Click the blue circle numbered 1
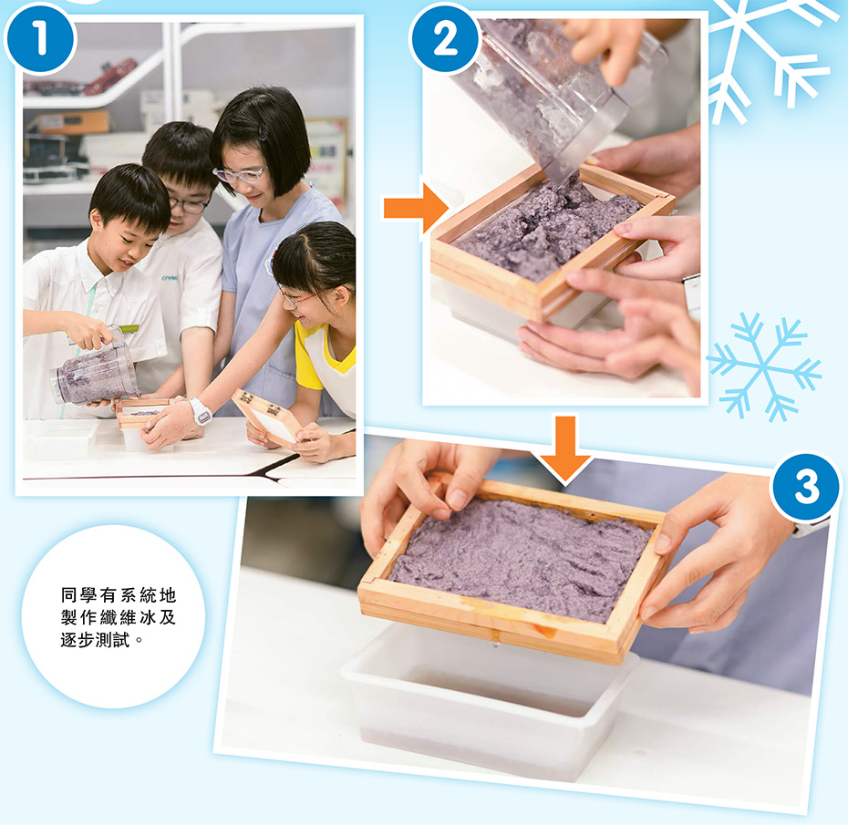39,39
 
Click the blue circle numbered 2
445,38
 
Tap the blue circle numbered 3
806,486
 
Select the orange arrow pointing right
416,208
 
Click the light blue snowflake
763,367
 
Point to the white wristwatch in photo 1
200,411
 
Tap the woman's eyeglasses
241,174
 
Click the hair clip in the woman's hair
263,133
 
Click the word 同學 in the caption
78,595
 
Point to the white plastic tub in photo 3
490,700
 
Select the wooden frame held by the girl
266,418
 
